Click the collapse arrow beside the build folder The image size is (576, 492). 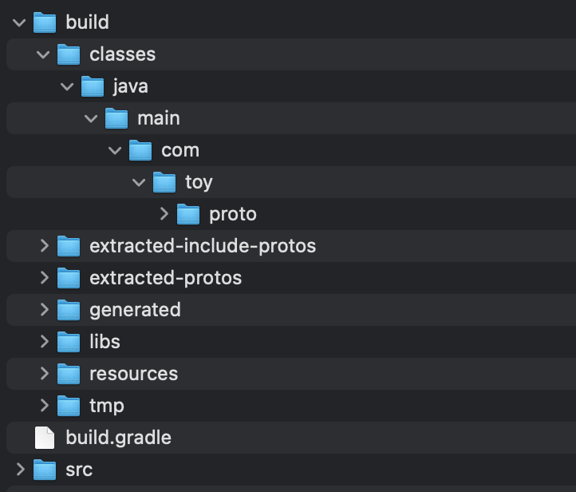tap(19, 23)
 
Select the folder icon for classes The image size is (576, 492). tap(69, 54)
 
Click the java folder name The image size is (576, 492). tap(130, 87)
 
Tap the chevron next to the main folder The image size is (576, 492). tap(91, 118)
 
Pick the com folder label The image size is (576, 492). tap(180, 150)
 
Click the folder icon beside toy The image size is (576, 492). tap(164, 182)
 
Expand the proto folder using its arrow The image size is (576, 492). tap(164, 213)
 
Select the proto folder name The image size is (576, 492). tap(233, 214)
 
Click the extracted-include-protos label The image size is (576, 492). tap(203, 246)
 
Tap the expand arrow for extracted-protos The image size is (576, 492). tap(45, 278)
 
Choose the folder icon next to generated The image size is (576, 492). tap(69, 310)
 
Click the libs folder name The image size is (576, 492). tap(105, 342)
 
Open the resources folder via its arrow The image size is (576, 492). tap(45, 373)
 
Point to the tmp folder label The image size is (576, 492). tap(107, 407)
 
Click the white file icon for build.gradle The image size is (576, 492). tap(45, 438)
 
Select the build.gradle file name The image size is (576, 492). tap(119, 438)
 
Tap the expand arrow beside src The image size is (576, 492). tap(21, 469)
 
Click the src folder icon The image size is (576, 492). tap(45, 470)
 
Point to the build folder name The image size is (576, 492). tap(88, 22)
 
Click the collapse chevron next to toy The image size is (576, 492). tap(139, 182)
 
